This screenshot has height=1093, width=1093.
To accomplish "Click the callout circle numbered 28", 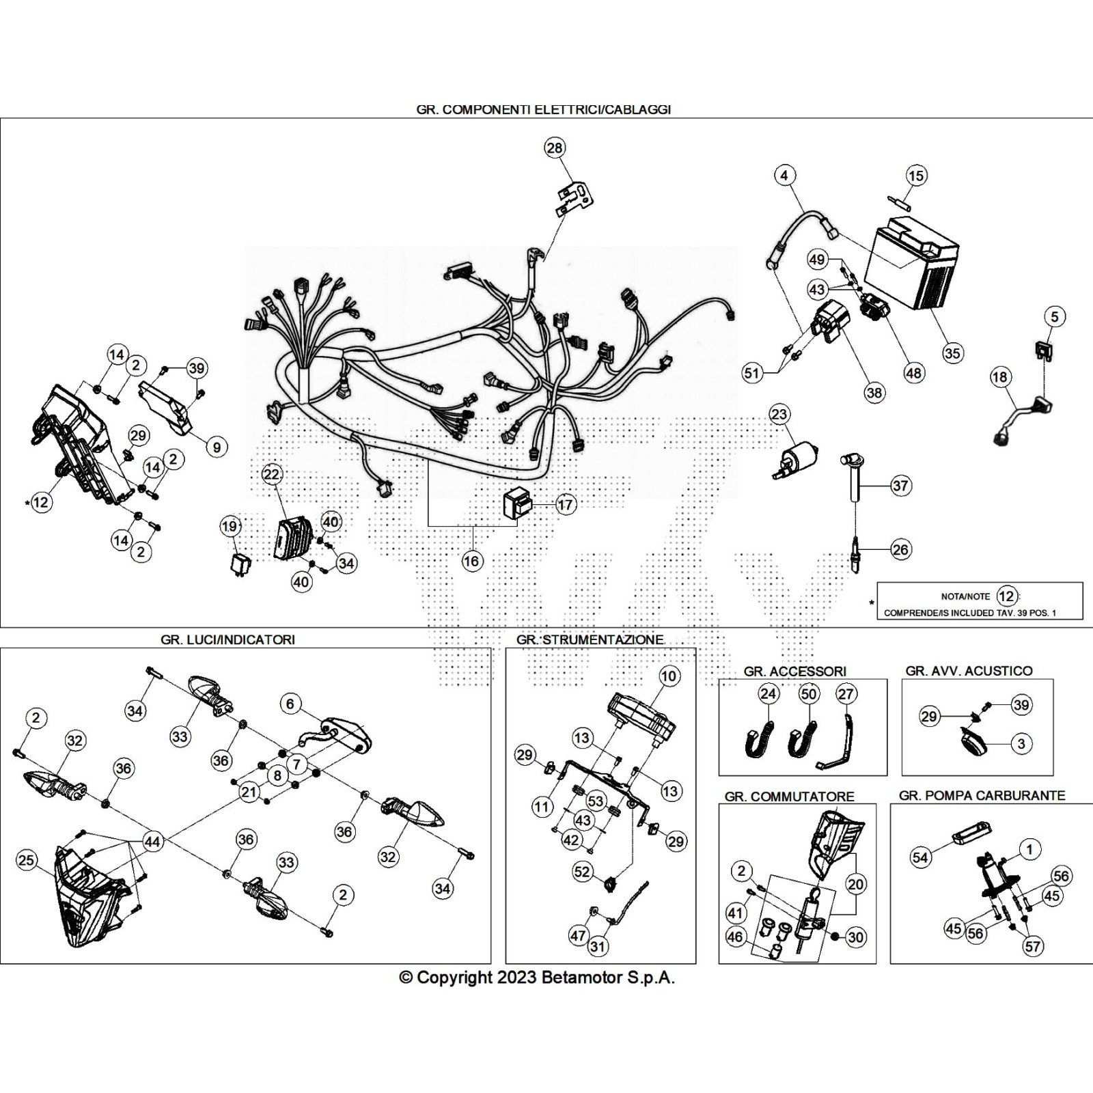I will (555, 148).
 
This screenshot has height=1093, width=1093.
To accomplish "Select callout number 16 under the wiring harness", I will (471, 561).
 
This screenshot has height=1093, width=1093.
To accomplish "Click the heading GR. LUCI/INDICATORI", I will (227, 639).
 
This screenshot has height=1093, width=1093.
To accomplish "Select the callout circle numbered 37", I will (900, 486).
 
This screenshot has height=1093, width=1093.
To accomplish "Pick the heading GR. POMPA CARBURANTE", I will (982, 795).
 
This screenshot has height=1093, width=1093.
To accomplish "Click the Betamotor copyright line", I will (537, 978).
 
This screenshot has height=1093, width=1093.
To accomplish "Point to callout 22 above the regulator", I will (271, 474).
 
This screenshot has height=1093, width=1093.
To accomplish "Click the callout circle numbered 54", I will (920, 857).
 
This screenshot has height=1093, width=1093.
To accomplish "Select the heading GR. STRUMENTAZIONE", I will (590, 639).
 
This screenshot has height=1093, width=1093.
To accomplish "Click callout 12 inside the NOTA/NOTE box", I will (1006, 596).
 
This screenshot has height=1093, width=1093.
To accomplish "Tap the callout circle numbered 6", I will (290, 704).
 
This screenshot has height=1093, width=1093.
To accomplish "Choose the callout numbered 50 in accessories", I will (808, 694).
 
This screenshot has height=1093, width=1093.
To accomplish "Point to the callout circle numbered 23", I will (779, 414).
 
